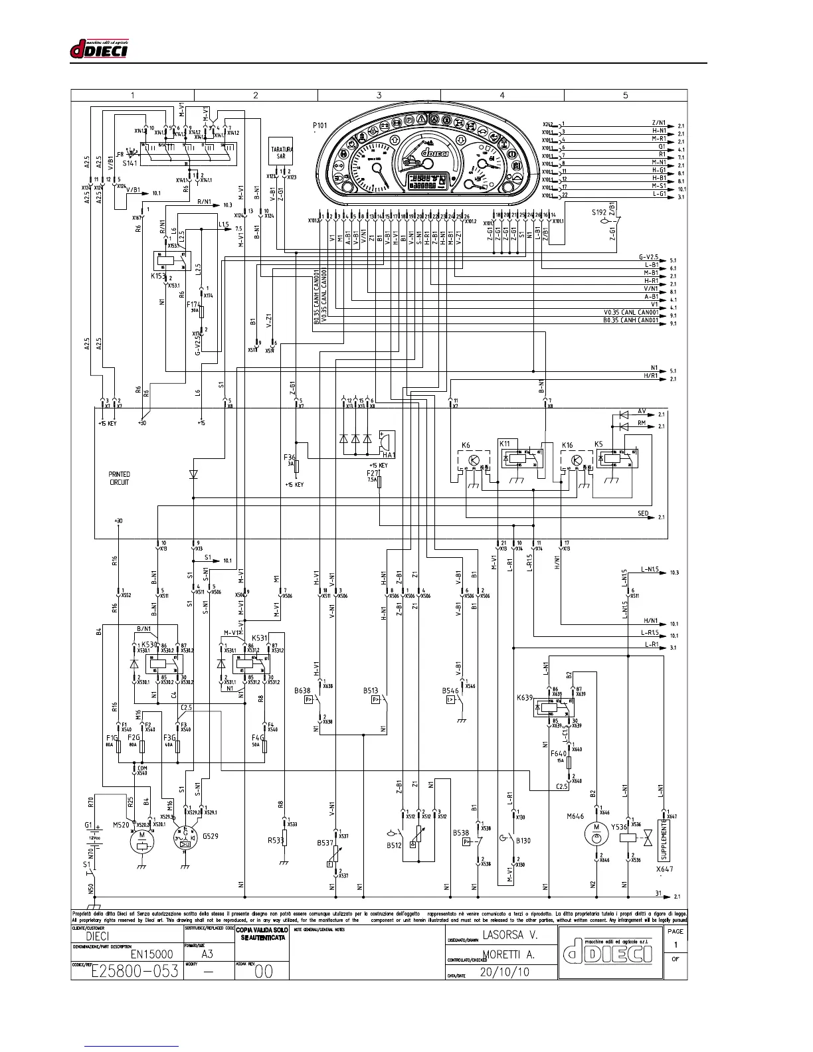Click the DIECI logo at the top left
pyautogui.click(x=99, y=50)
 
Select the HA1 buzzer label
pyautogui.click(x=389, y=454)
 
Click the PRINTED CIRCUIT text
pyautogui.click(x=120, y=478)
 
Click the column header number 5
pyautogui.click(x=625, y=95)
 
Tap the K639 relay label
pyautogui.click(x=525, y=698)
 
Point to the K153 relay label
pyautogui.click(x=157, y=276)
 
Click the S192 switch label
pyautogui.click(x=600, y=213)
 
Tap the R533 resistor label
pyautogui.click(x=276, y=840)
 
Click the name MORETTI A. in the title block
pyautogui.click(x=509, y=954)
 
